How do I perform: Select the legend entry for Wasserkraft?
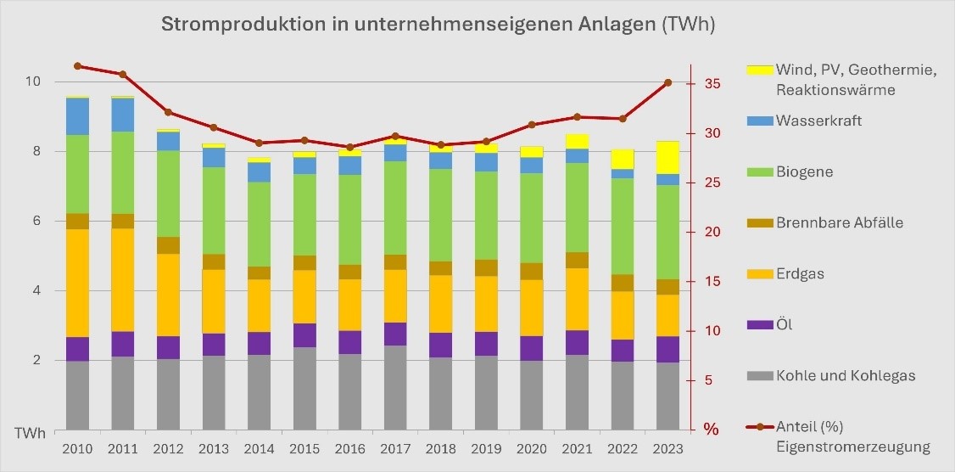coord(818,121)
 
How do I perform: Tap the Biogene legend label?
coord(804,171)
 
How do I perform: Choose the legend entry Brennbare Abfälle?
coord(839,222)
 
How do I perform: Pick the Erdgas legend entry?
coord(800,273)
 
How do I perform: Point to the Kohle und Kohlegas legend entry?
coord(845,375)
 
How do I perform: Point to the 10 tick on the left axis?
coord(33,82)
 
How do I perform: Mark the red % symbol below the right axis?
coord(711,430)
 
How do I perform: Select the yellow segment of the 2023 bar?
coord(667,158)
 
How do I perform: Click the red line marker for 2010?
coord(77,65)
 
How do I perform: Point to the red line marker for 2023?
coord(667,82)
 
